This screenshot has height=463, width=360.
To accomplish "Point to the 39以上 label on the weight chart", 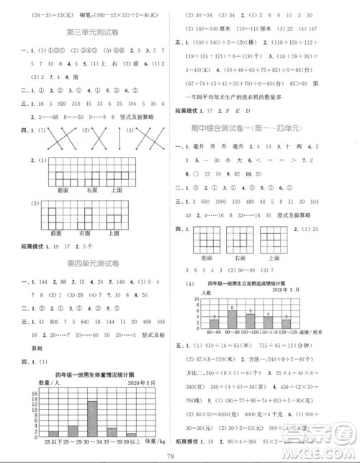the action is (x=130, y=441).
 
